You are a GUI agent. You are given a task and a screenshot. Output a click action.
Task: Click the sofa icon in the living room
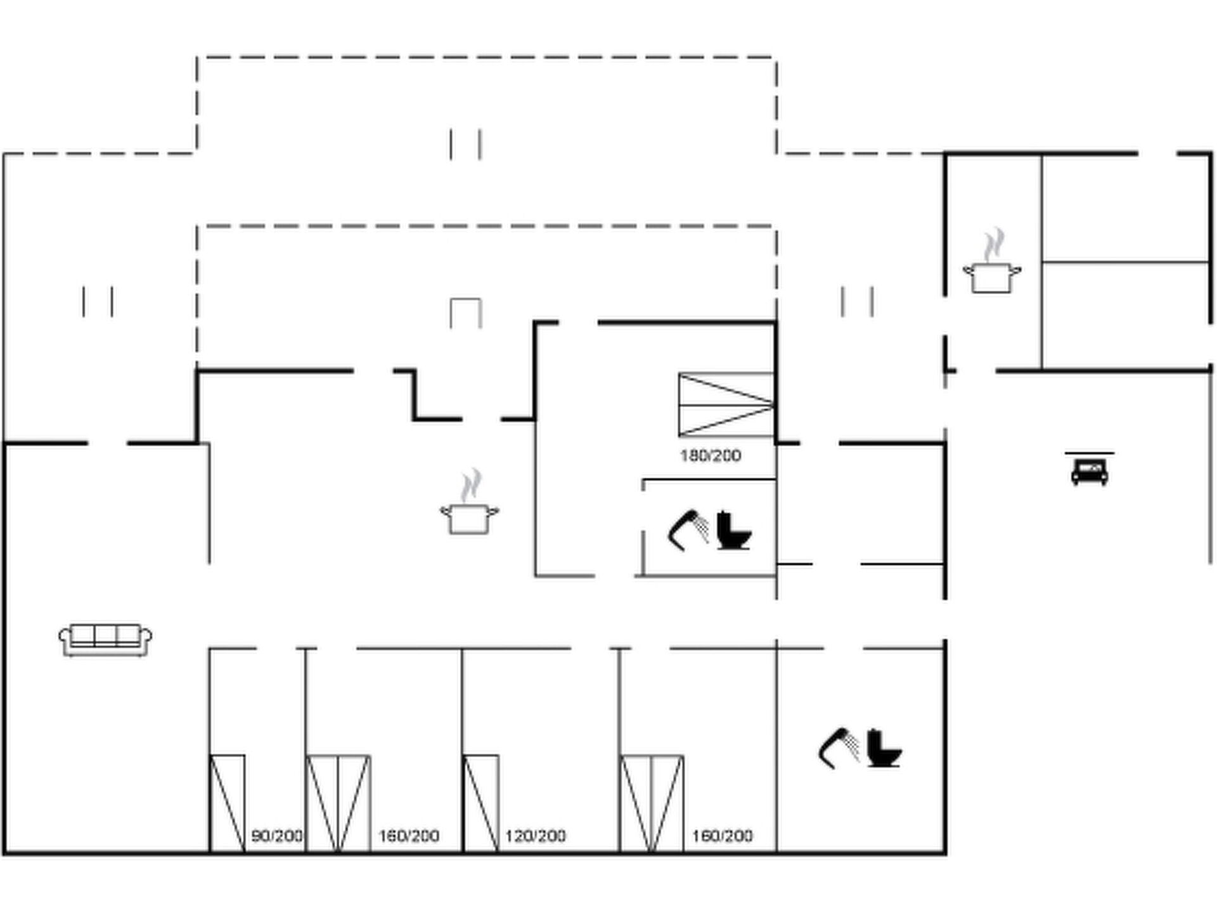105,639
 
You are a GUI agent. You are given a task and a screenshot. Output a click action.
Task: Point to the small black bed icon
1090,470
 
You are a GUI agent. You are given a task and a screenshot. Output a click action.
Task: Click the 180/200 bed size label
711,455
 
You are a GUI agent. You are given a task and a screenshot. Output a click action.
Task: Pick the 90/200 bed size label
277,836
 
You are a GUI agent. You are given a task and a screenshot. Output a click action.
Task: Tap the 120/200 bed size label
536,836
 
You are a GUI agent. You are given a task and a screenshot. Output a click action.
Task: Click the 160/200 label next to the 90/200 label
409,836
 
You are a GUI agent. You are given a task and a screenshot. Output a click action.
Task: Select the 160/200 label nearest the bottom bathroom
723,836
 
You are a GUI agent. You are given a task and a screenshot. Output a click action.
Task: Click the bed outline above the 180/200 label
726,405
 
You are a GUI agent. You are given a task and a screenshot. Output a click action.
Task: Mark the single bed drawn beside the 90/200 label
228,803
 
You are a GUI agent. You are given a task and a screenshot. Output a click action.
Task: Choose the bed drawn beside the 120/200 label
481,803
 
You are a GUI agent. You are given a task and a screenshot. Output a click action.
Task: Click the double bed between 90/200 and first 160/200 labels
338,803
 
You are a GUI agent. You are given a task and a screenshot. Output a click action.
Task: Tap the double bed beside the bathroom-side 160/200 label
652,803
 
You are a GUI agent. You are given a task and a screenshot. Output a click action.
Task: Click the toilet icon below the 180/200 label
733,531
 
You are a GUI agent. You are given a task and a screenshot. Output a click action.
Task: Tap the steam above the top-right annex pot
993,245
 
